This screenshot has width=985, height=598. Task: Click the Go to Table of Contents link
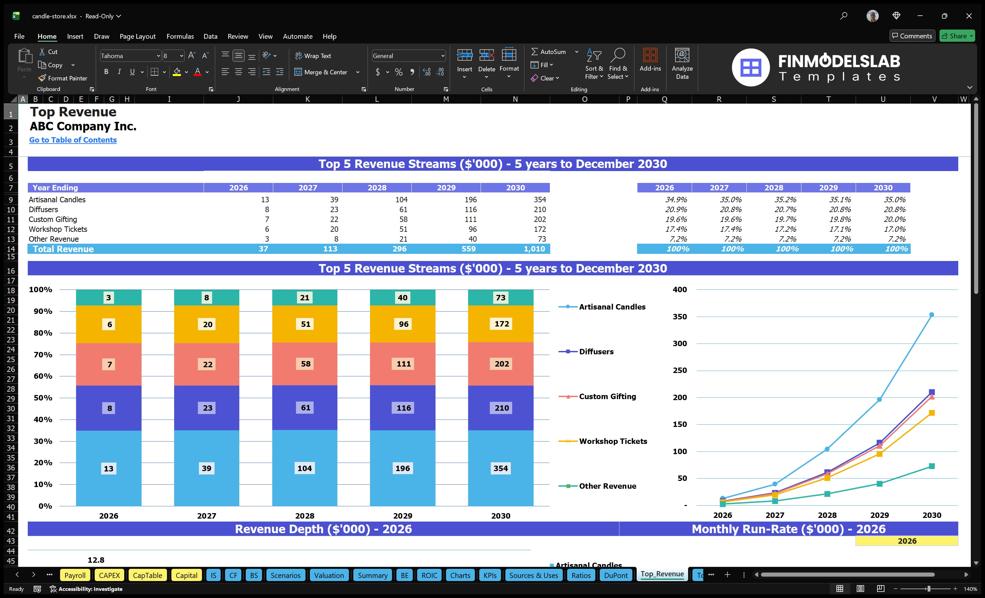coord(73,140)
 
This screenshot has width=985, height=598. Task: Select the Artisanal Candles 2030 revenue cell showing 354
coord(539,200)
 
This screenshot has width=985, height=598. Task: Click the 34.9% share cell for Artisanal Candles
coord(675,200)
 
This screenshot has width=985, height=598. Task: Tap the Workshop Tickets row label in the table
coord(58,229)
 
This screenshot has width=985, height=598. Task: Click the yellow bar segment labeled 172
coord(501,324)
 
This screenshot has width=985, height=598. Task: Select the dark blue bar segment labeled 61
coord(305,408)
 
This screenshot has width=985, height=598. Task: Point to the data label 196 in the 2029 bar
coord(403,468)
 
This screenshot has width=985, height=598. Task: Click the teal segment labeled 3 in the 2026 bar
coord(108,297)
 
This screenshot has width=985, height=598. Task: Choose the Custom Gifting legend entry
coord(607,396)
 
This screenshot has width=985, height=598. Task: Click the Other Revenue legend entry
coord(607,486)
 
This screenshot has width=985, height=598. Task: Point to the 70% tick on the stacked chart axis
coord(43,355)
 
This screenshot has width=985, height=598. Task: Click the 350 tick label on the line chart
coord(679,317)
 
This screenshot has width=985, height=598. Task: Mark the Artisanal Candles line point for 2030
coord(931,315)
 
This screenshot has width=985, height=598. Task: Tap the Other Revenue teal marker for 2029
coord(879,484)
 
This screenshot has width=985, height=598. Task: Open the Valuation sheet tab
coord(329,575)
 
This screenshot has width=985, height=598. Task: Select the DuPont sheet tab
coord(616,575)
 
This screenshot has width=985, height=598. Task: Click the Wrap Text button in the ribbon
coord(313,56)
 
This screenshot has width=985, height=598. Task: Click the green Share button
coord(956,36)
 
